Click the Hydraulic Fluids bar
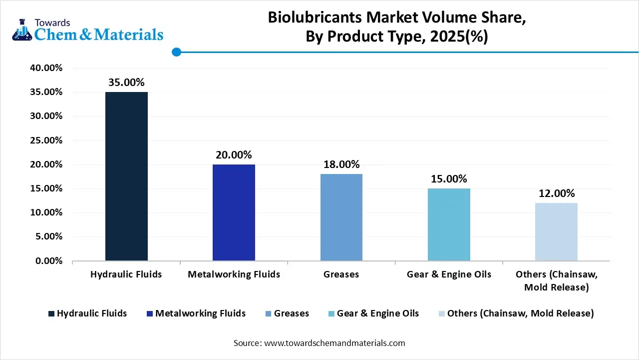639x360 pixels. pos(126,176)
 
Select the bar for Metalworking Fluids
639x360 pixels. pos(234,212)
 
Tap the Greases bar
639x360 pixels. pos(341,217)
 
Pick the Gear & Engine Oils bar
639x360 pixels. pos(449,224)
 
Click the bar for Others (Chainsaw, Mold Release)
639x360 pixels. pos(556,232)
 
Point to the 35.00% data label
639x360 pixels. pos(126,82)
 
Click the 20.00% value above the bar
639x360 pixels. pos(234,155)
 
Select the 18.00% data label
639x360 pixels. pos(341,164)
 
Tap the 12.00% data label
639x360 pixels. pos(556,193)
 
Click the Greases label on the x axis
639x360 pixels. pos(341,274)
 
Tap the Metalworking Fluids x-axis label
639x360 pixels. pos(234,274)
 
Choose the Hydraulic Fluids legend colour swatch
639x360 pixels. pos(51,314)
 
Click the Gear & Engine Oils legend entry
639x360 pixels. pos(377,313)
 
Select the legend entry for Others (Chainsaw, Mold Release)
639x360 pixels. pos(520,313)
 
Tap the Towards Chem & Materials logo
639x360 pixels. pos(88,30)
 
